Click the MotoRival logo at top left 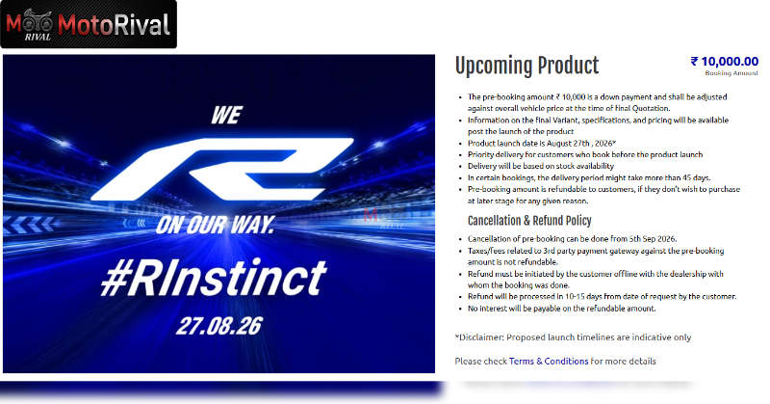[x=89, y=25]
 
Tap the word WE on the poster [x=227, y=116]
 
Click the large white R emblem [x=222, y=170]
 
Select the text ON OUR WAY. [x=215, y=226]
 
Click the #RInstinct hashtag [x=214, y=278]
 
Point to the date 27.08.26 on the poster [x=219, y=326]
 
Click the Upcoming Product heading [x=526, y=66]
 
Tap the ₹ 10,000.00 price [x=725, y=62]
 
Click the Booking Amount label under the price [x=731, y=73]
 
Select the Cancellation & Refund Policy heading [x=529, y=221]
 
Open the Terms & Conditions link [x=549, y=362]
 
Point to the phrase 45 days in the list [x=694, y=177]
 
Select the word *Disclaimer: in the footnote [x=479, y=337]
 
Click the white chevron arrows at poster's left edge [x=30, y=225]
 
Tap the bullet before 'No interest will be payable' [x=460, y=310]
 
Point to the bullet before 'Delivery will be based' [x=460, y=166]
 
